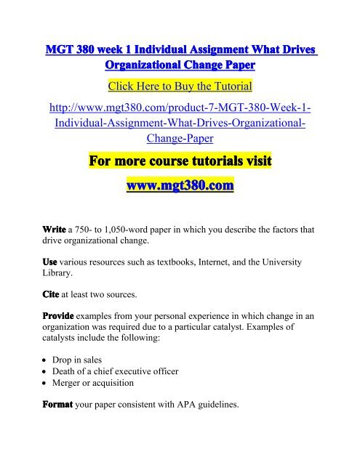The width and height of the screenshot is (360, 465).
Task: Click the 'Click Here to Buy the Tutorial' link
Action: coord(179,87)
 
